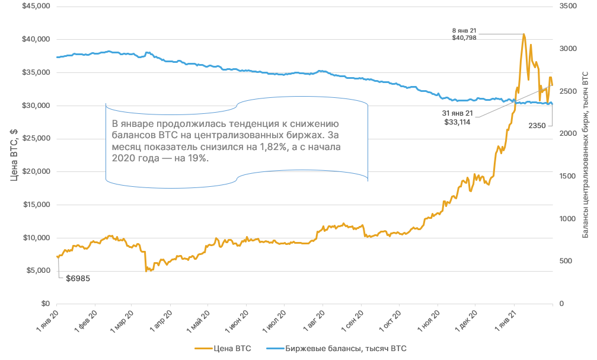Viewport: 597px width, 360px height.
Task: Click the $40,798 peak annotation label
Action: coord(464,37)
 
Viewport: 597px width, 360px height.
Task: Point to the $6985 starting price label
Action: coord(78,278)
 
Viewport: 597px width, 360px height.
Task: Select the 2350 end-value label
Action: coord(537,126)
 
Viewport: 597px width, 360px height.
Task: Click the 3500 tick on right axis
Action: coord(568,6)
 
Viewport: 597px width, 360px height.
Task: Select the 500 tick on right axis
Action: coord(566,261)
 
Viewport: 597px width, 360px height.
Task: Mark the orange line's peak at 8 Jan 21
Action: coord(523,34)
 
